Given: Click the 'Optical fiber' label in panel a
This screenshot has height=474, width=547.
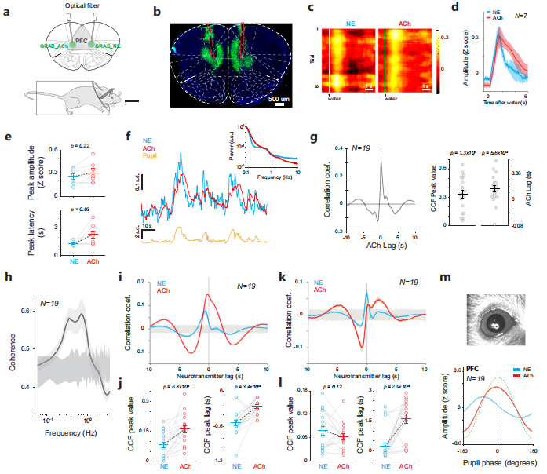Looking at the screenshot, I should coord(77,6).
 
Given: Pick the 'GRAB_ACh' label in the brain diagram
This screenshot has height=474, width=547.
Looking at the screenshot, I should coord(49,48).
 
